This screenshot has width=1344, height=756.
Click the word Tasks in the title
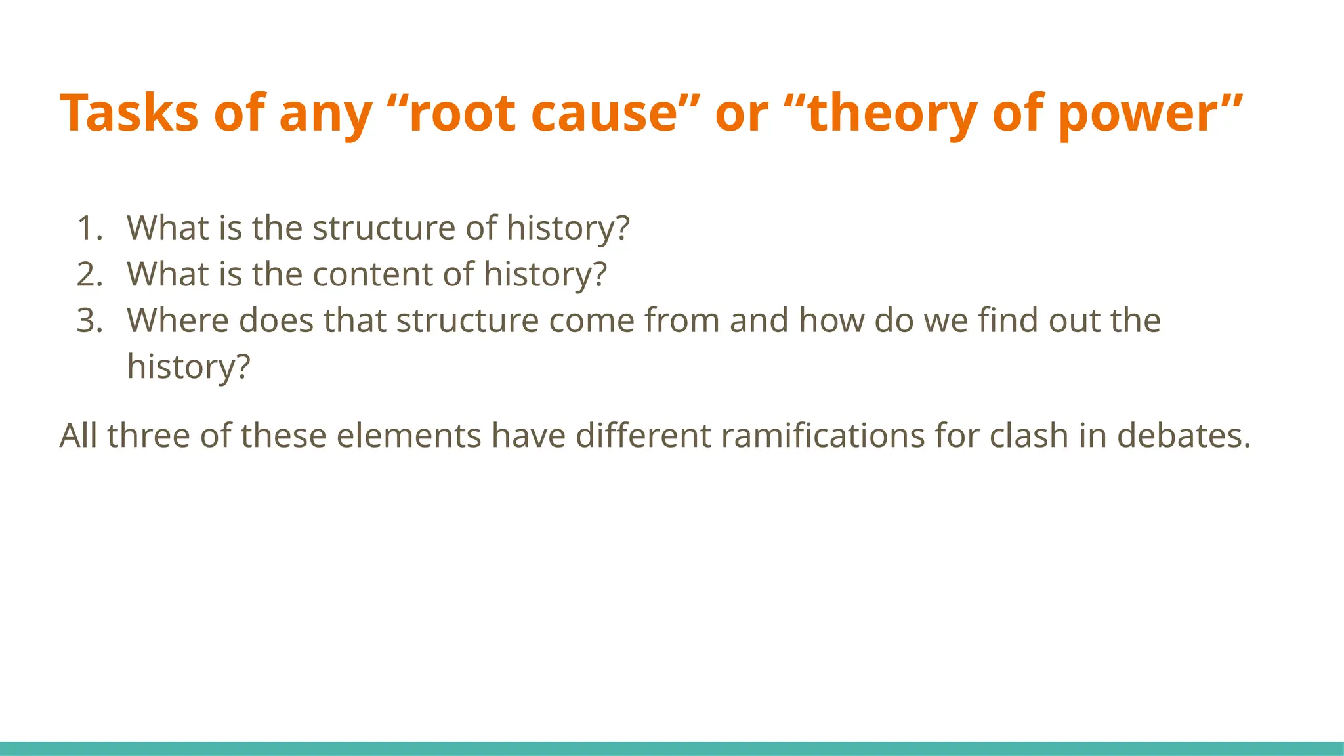129,113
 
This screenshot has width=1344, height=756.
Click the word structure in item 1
384,228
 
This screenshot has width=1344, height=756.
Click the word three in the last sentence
148,436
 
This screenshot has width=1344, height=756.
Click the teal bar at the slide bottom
672,748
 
